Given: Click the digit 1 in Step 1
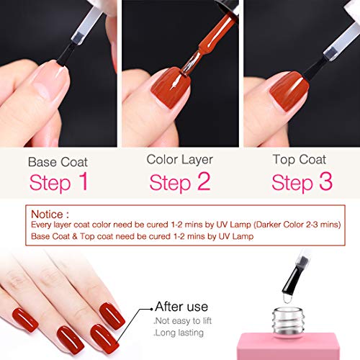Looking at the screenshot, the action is (x=83, y=181).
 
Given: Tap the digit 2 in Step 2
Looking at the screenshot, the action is (x=204, y=181).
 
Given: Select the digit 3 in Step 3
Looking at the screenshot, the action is (x=325, y=181).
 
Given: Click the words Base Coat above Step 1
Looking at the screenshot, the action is (x=58, y=162).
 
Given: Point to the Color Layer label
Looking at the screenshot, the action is (x=180, y=160).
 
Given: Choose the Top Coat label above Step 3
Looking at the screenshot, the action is (x=300, y=160).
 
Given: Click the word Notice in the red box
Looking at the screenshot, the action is (x=48, y=215).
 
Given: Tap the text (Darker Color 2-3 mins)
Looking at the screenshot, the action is (x=297, y=225).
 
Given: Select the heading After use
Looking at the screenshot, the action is (x=181, y=307).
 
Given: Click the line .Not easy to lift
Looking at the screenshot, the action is (x=183, y=320).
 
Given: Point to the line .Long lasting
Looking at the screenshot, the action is (x=179, y=333).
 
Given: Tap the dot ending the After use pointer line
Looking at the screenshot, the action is (x=151, y=309).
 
